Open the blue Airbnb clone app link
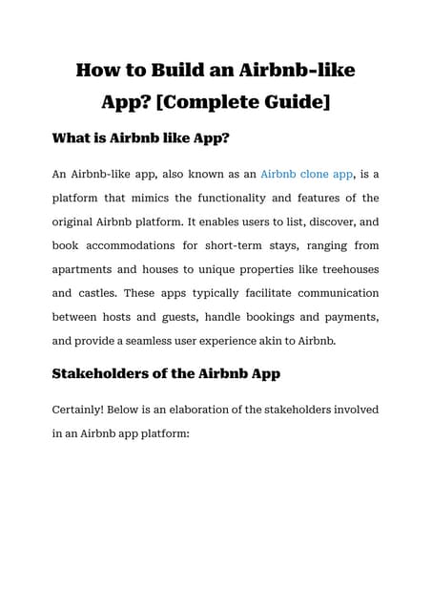coord(306,175)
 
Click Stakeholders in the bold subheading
coord(111,374)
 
